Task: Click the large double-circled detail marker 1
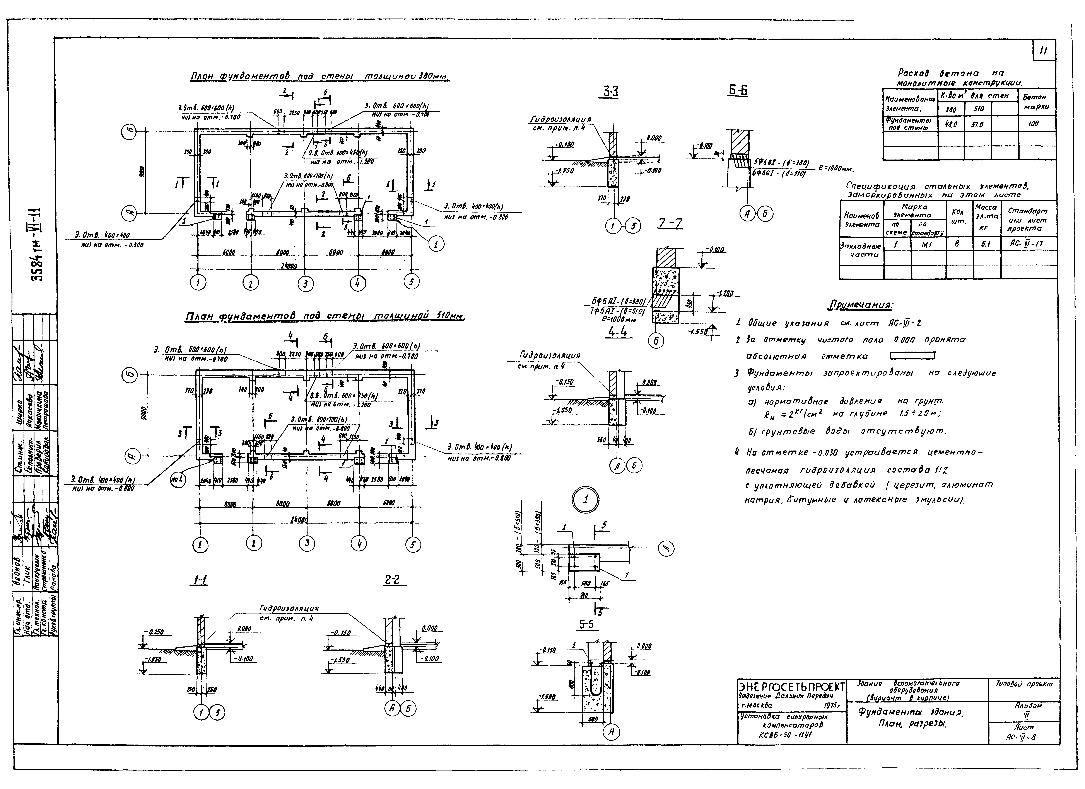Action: [x=586, y=500]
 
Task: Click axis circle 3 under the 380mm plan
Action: [x=305, y=284]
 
